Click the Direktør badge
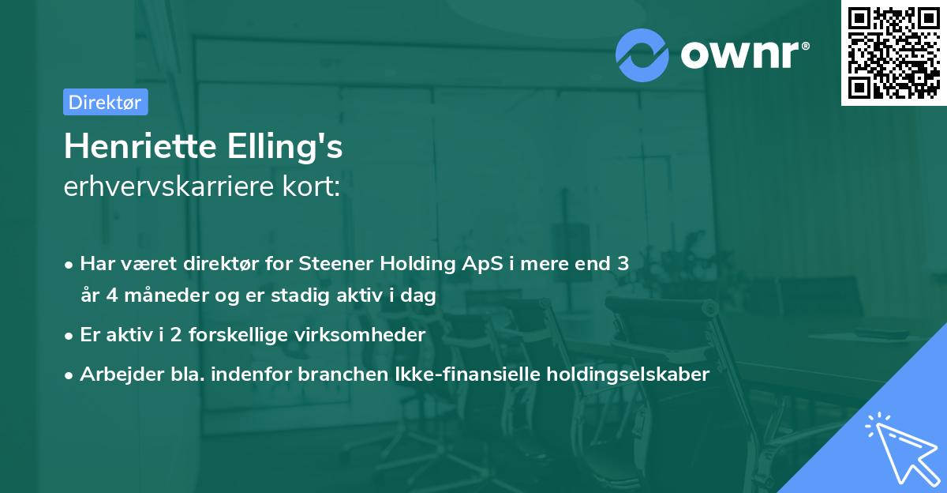point(105,102)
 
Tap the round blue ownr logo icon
point(642,55)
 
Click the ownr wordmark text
point(743,55)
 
